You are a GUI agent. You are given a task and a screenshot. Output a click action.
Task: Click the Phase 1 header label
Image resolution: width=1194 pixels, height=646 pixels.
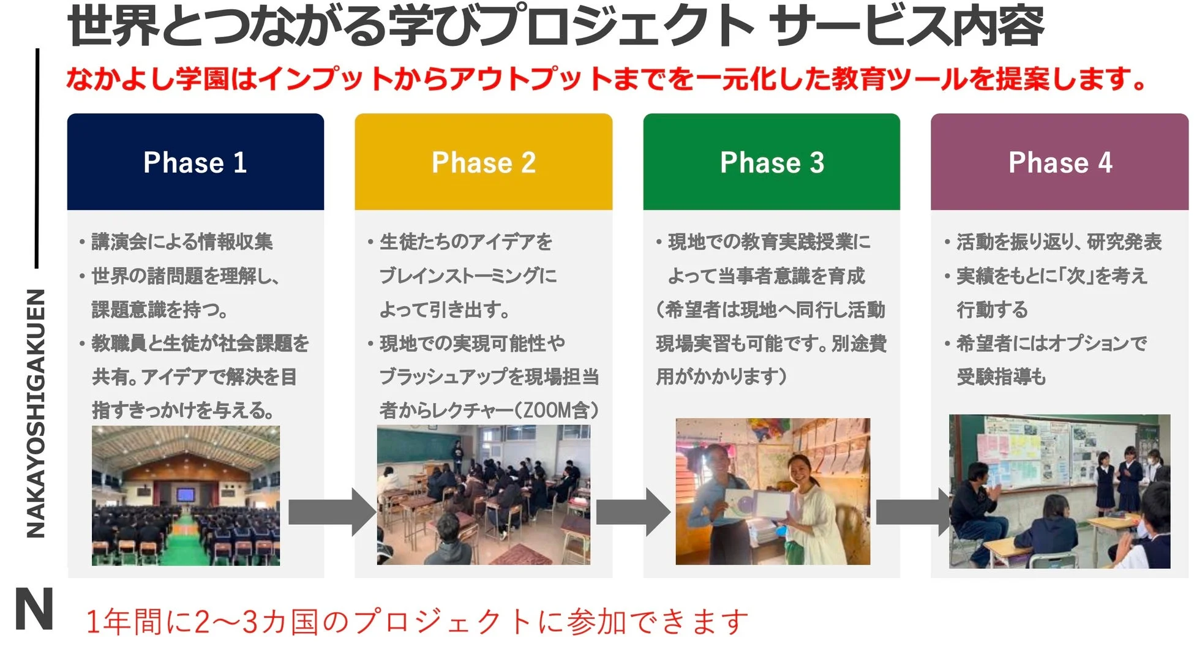click(x=195, y=163)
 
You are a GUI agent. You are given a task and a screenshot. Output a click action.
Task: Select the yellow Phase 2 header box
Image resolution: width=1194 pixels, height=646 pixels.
click(x=483, y=162)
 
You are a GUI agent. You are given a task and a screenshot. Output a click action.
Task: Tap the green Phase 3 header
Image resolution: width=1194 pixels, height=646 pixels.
click(x=772, y=162)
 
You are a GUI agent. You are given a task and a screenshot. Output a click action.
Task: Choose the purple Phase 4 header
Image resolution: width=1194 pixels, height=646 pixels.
click(x=1059, y=162)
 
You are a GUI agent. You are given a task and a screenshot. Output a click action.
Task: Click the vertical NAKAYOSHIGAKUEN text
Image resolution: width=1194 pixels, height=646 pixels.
click(x=36, y=413)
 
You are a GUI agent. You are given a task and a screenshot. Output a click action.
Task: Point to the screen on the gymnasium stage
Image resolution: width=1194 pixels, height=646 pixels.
click(x=185, y=494)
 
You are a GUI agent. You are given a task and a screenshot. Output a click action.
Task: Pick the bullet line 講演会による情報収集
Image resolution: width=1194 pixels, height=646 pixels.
click(x=182, y=242)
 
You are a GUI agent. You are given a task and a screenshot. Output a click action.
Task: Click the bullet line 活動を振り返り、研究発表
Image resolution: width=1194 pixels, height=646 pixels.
click(x=1059, y=242)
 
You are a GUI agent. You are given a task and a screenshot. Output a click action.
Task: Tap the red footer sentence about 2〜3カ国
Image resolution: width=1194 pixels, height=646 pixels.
click(x=416, y=621)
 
